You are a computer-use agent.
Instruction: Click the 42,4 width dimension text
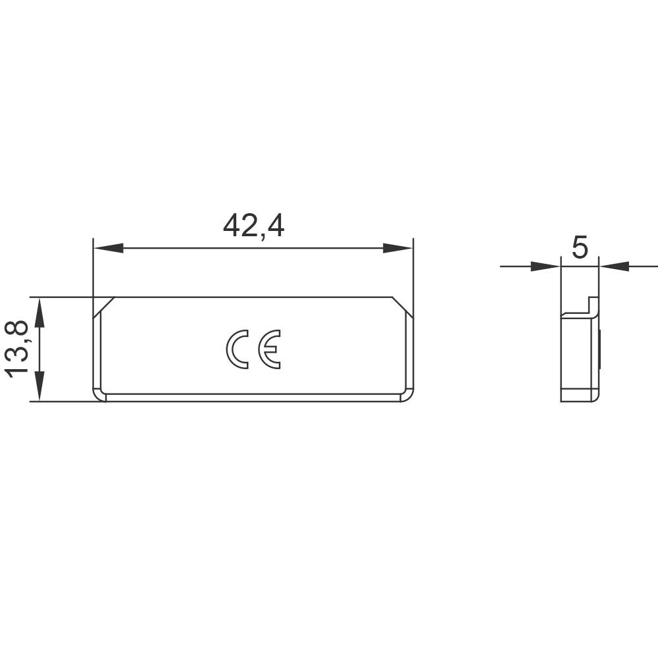tap(253, 226)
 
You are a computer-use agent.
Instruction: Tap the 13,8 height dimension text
tap(18, 348)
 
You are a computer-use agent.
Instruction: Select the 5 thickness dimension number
tap(580, 249)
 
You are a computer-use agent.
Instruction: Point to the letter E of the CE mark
tap(269, 349)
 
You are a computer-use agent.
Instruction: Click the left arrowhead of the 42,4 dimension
tap(108, 248)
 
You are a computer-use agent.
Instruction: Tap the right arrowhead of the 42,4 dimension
tap(398, 248)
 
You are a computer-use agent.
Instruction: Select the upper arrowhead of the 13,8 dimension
tap(39, 312)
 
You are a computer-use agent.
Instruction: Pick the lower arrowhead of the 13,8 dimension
tap(39, 386)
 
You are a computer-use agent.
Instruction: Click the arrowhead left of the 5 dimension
tap(545, 266)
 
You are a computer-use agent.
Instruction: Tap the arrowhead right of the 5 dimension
tap(615, 266)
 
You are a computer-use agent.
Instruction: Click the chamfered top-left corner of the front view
tap(103, 307)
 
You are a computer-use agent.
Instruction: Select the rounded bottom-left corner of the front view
tap(99, 394)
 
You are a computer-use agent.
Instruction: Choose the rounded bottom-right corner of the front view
tap(407, 394)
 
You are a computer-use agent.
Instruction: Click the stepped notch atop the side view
tap(591, 305)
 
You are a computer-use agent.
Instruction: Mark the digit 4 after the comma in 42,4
tap(276, 226)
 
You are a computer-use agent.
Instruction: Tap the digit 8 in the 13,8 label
tap(18, 330)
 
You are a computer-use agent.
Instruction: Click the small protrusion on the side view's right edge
tap(601, 349)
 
